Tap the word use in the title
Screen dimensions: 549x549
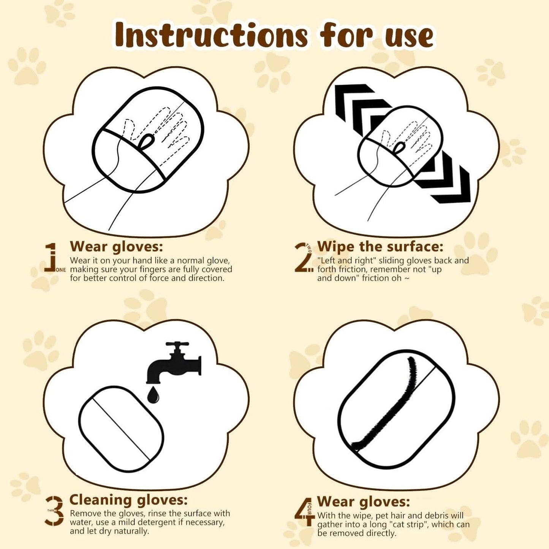tap(409, 36)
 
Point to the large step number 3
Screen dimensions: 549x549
tap(55, 511)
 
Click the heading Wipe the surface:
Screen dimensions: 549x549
tap(380, 247)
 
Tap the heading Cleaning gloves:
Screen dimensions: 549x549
tap(128, 500)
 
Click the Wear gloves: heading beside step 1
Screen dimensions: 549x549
tap(116, 247)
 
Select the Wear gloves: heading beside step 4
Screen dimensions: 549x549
tap(364, 502)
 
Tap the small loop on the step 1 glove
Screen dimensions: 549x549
tap(147, 141)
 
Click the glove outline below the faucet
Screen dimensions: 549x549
tap(121, 429)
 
